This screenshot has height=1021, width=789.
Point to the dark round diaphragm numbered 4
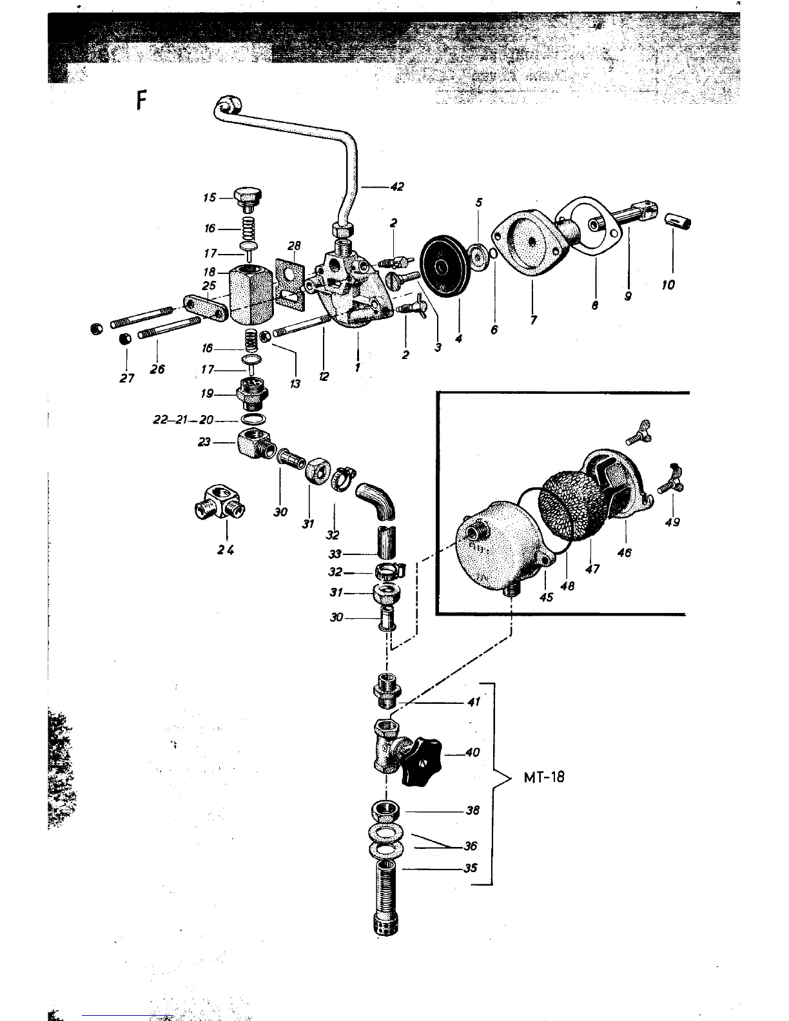[x=443, y=266]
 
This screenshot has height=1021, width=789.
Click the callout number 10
[x=668, y=284]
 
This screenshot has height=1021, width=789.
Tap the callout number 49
[x=672, y=522]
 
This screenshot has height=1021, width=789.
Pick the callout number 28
[x=295, y=246]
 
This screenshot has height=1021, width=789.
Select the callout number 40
[x=472, y=752]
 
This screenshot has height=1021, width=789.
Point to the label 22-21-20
[x=184, y=420]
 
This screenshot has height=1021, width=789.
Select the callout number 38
[x=472, y=811]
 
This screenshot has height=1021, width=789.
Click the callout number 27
[x=127, y=378]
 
